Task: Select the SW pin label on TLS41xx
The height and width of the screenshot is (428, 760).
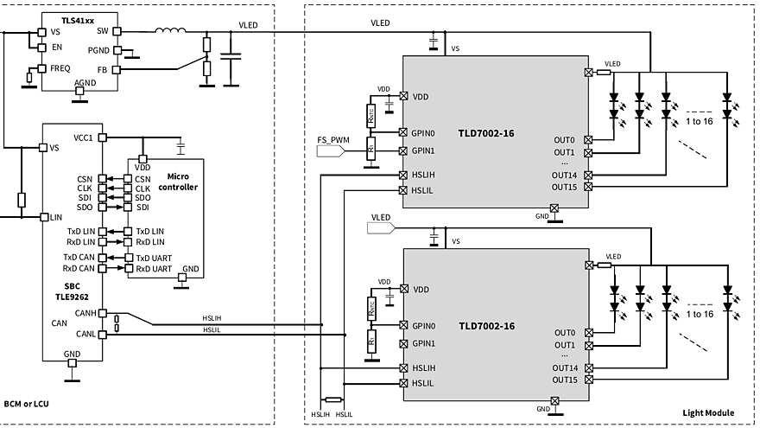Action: pos(103,30)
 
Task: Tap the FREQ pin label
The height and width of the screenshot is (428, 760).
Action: pos(60,67)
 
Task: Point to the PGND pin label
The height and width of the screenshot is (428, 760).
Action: pos(98,50)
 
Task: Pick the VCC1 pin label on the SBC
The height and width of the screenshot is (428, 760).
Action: pos(84,137)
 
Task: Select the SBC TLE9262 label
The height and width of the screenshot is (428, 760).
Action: pos(73,289)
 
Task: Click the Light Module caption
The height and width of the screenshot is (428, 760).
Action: pos(706,414)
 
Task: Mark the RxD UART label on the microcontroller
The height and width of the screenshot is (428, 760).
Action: pos(155,269)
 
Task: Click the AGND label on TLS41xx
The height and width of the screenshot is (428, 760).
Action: pos(85,82)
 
